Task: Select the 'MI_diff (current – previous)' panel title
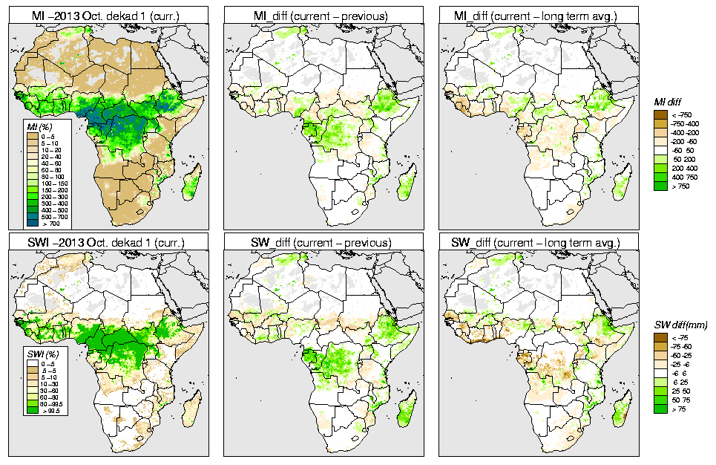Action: coord(325,14)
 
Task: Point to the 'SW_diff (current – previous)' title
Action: coord(325,242)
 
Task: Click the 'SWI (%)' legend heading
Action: coord(37,352)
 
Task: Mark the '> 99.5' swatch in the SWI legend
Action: coord(33,409)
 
